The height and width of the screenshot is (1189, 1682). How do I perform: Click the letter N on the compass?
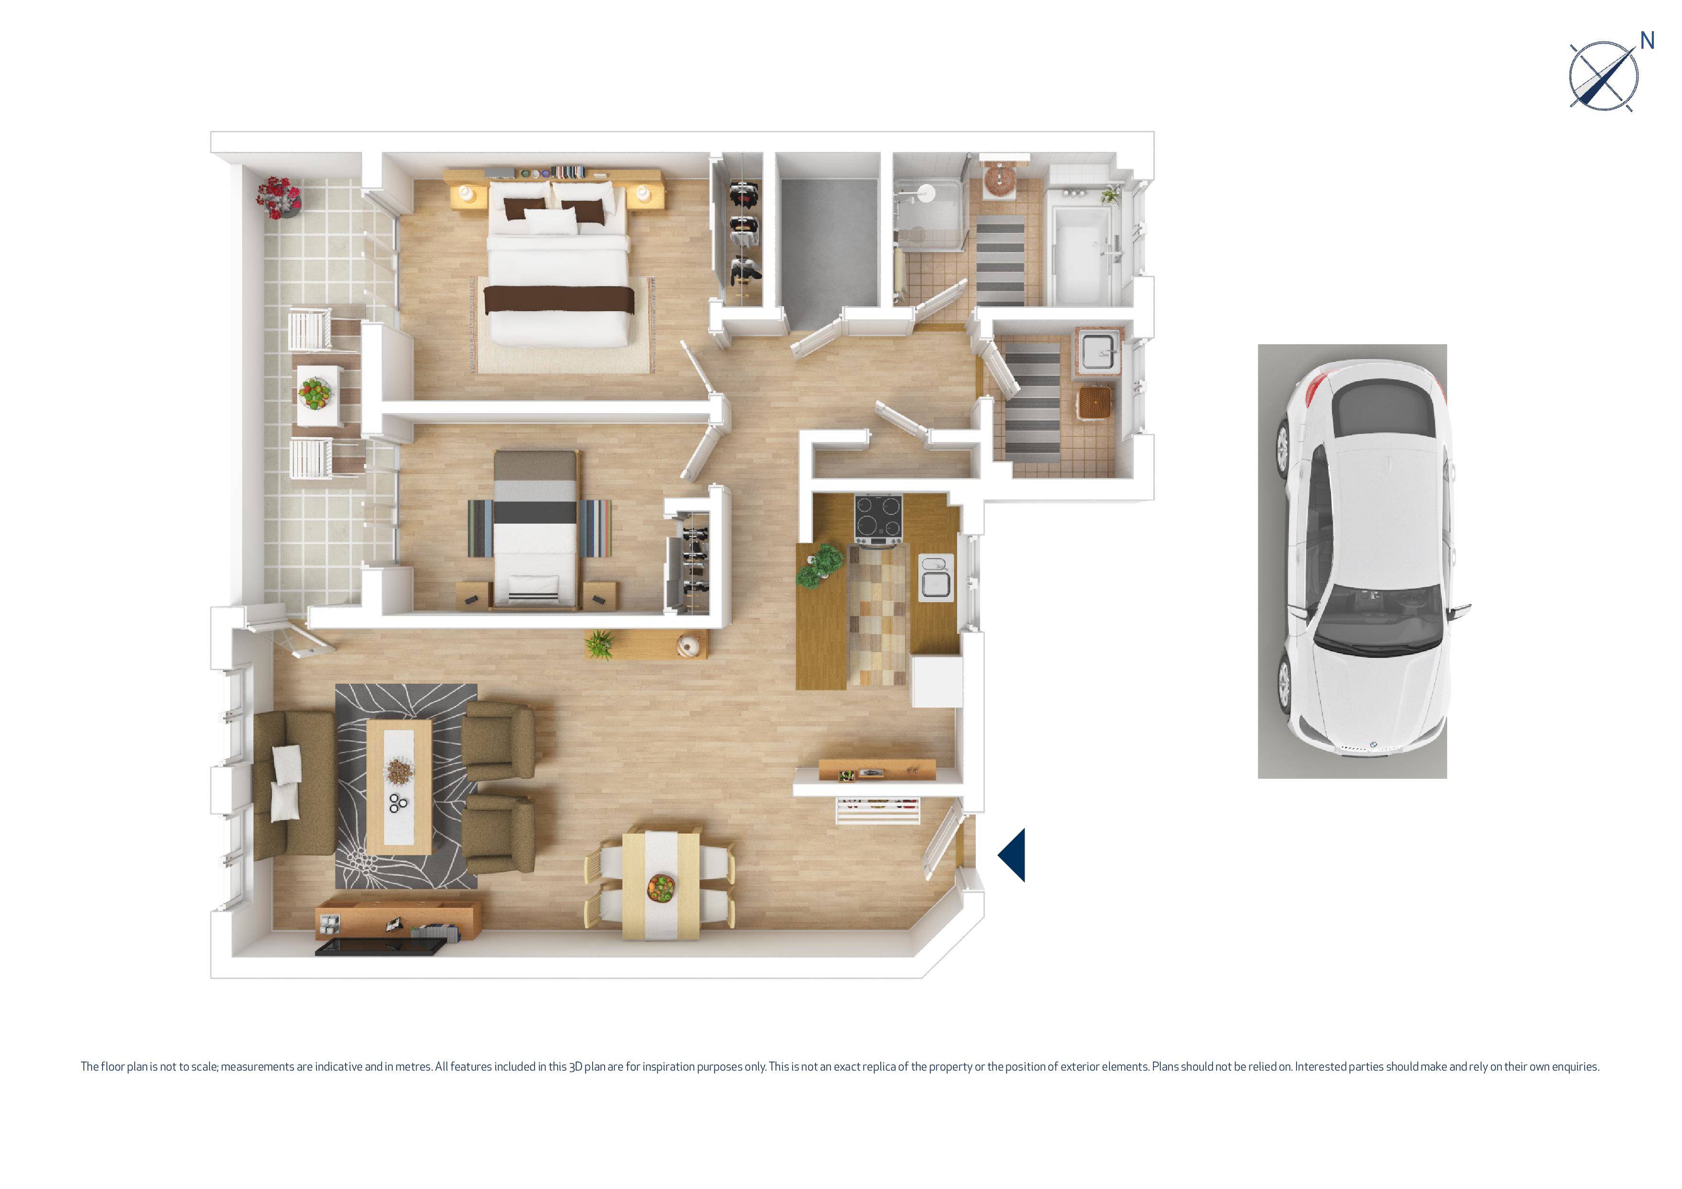[x=1647, y=41]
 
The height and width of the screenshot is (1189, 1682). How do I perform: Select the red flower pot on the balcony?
[x=279, y=197]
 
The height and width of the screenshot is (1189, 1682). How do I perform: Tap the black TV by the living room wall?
[x=379, y=947]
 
